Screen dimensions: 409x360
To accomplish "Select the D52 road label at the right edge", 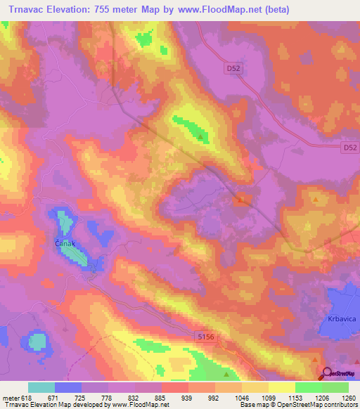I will (x=350, y=148).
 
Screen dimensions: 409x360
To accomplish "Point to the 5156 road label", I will (x=205, y=339).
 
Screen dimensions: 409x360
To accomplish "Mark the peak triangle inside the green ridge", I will (x=201, y=136).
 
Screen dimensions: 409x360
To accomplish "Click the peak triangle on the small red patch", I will (x=241, y=200).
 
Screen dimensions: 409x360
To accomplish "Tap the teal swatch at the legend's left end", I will (x=41, y=387).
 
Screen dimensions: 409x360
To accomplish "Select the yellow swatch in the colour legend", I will (x=281, y=387).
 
